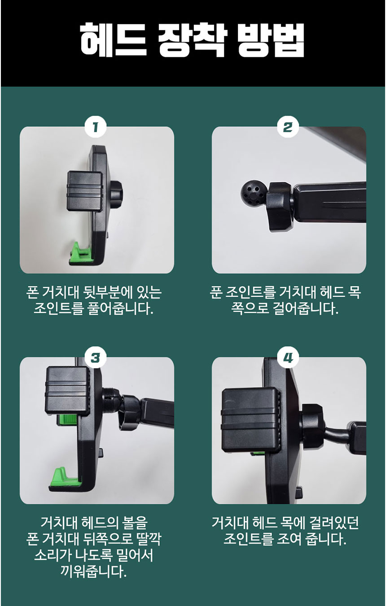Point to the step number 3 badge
tap(95, 358)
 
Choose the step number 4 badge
tap(288, 358)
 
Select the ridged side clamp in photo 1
tap(85, 191)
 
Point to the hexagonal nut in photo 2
tap(280, 207)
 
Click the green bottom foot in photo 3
tap(64, 476)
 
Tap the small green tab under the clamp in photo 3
tap(68, 420)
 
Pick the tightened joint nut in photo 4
tap(312, 427)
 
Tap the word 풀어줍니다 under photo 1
tap(120, 308)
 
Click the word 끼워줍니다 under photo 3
tap(94, 571)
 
